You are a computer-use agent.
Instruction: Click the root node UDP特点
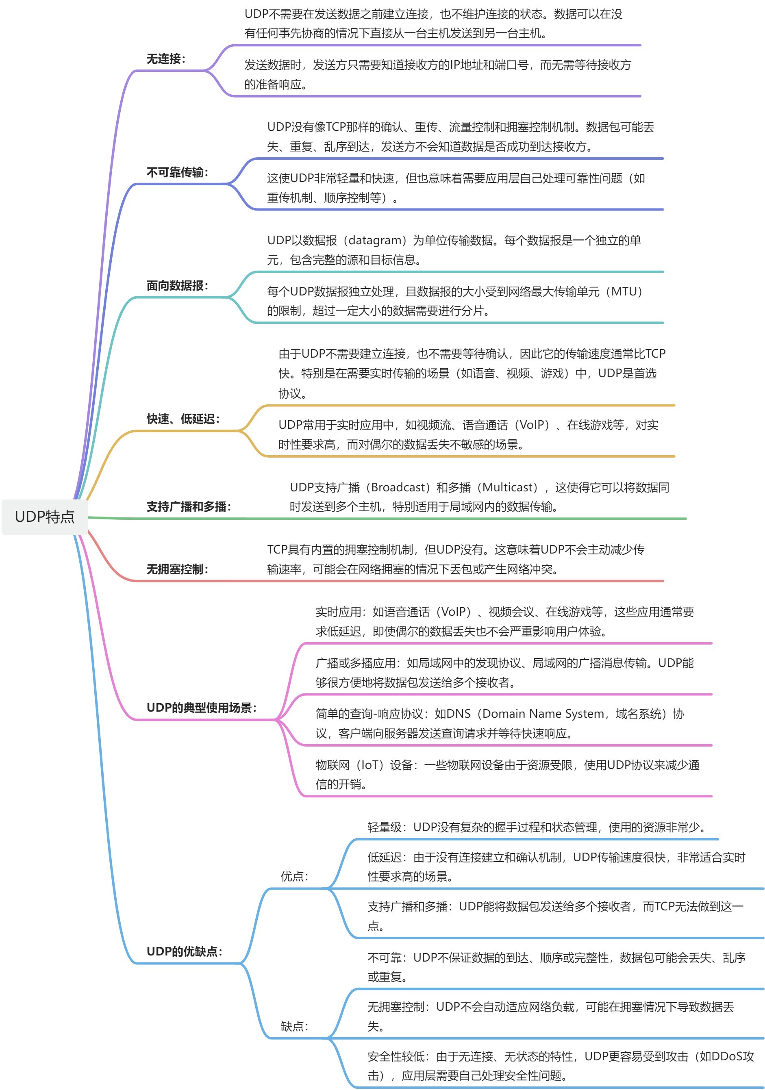tap(45, 517)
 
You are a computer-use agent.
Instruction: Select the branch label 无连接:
tap(166, 59)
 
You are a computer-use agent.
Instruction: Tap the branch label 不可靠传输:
tap(177, 172)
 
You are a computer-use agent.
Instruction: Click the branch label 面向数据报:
tap(177, 286)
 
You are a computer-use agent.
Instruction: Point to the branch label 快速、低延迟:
tap(183, 419)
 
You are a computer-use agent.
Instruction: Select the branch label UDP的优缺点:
tap(184, 951)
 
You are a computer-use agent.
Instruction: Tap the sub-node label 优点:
tap(294, 876)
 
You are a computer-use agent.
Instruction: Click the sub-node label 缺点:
tap(294, 1026)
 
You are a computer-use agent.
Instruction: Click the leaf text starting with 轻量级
tap(537, 827)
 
